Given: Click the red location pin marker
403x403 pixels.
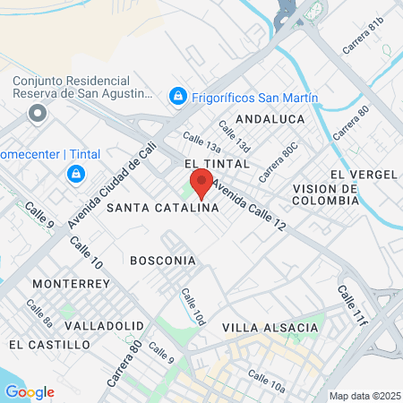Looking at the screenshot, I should [201, 184].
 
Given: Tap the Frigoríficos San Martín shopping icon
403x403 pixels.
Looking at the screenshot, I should [178, 95].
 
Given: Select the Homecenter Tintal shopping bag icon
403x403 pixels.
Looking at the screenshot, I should [77, 172].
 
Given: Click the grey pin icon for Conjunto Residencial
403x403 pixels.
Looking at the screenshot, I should [37, 114].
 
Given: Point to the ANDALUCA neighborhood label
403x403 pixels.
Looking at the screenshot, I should [270, 118].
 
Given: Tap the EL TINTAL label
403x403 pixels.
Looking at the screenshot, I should [214, 165].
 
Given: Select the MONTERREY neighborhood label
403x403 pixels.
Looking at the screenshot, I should [70, 283].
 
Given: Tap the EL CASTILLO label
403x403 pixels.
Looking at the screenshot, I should [42, 344].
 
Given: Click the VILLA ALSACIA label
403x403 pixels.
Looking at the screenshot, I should [270, 328].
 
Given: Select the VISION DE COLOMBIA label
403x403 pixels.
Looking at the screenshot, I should [326, 194].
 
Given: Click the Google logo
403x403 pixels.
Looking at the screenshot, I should [30, 392].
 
